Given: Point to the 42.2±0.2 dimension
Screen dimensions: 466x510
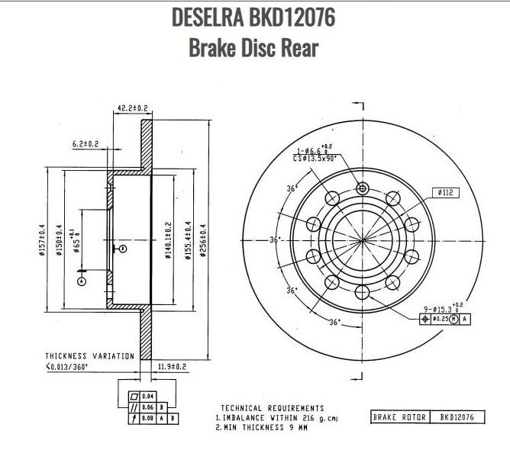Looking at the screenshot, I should click(131, 109).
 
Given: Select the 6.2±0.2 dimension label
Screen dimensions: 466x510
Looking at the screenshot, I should click(86, 143).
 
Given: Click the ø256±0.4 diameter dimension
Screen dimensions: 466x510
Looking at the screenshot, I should click(203, 239).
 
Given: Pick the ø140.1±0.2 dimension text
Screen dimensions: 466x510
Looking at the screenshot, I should click(168, 239).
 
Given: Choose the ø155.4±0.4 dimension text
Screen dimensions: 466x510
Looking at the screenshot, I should click(186, 239).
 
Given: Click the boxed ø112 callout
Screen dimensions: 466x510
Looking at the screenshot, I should click(447, 193).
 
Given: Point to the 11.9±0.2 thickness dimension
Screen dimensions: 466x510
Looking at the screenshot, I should click(172, 367).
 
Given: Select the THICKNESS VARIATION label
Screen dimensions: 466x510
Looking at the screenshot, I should click(89, 356).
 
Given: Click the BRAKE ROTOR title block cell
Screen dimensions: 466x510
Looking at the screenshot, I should click(399, 417).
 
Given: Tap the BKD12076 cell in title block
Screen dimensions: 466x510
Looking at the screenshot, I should click(458, 417).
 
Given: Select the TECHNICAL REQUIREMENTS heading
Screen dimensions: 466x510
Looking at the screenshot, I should click(272, 408).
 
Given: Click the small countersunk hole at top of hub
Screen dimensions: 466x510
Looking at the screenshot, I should click(363, 188).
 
